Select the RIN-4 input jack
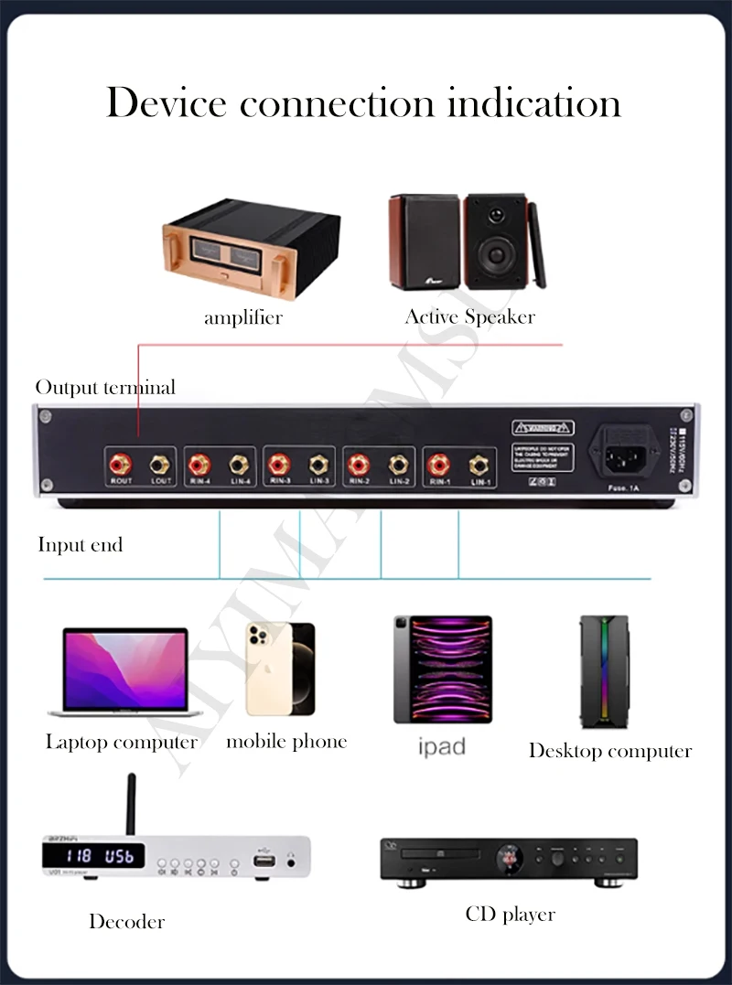click(200, 463)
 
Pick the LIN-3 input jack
click(318, 464)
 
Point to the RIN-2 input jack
click(358, 464)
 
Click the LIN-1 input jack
click(477, 465)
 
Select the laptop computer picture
click(124, 672)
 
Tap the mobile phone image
click(280, 669)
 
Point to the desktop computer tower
click(604, 671)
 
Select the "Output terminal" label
click(105, 388)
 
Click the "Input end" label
click(80, 545)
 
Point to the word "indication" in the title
click(534, 102)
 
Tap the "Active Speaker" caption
click(469, 317)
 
